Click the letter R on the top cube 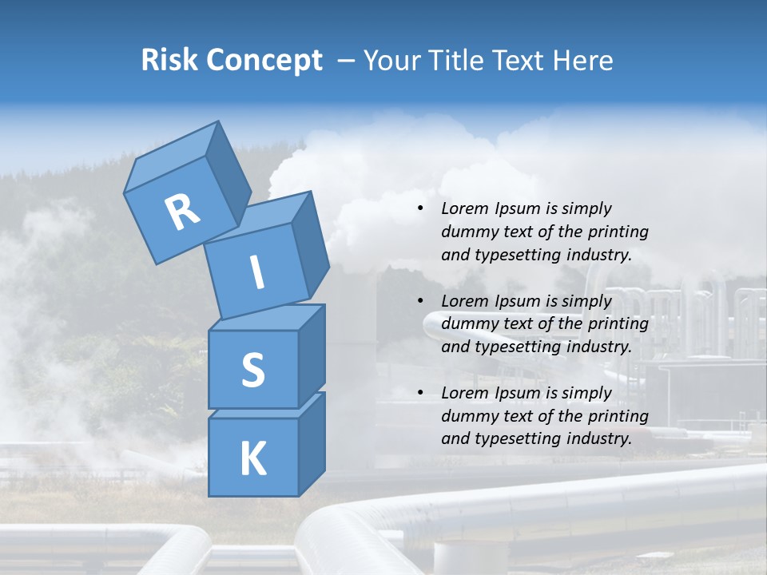[182, 212]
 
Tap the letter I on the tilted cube [256, 273]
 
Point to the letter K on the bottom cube [252, 458]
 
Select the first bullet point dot [420, 208]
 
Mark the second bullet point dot [420, 301]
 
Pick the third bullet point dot [420, 393]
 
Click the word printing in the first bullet [618, 232]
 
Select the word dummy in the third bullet [466, 416]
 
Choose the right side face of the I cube [309, 240]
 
